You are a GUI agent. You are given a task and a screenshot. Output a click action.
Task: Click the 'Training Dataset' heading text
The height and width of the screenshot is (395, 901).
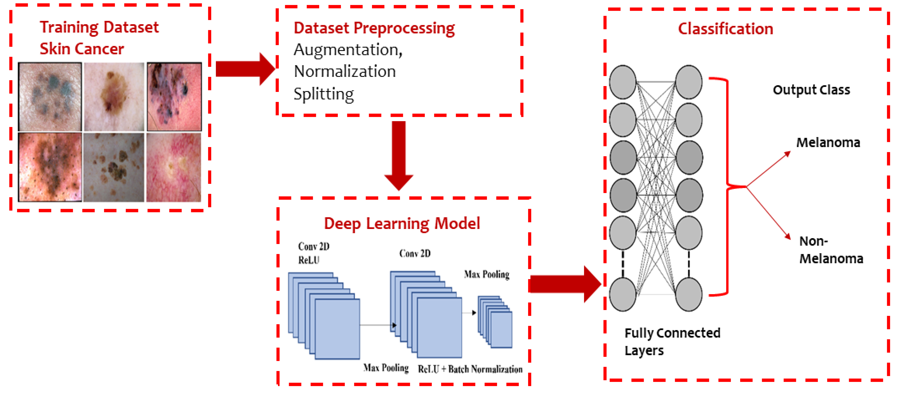pos(99,27)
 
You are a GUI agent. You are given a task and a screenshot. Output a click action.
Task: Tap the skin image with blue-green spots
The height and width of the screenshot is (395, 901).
pos(50,97)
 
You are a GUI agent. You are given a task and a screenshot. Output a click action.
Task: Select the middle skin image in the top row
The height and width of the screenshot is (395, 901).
pos(114,97)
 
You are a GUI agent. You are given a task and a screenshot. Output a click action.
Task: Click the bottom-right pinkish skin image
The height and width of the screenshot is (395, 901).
pos(174,167)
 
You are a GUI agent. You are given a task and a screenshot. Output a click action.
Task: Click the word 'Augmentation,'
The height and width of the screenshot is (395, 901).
pos(348,50)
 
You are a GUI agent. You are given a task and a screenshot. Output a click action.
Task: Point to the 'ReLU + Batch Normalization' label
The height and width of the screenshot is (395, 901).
pos(470,369)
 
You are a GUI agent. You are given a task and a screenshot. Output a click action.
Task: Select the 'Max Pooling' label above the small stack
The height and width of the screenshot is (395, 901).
pos(486,274)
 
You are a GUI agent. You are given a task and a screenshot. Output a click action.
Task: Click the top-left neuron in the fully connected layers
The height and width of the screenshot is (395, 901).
pos(623,82)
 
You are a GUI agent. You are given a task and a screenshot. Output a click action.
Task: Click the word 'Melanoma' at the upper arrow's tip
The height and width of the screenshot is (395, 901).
pos(828,143)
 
